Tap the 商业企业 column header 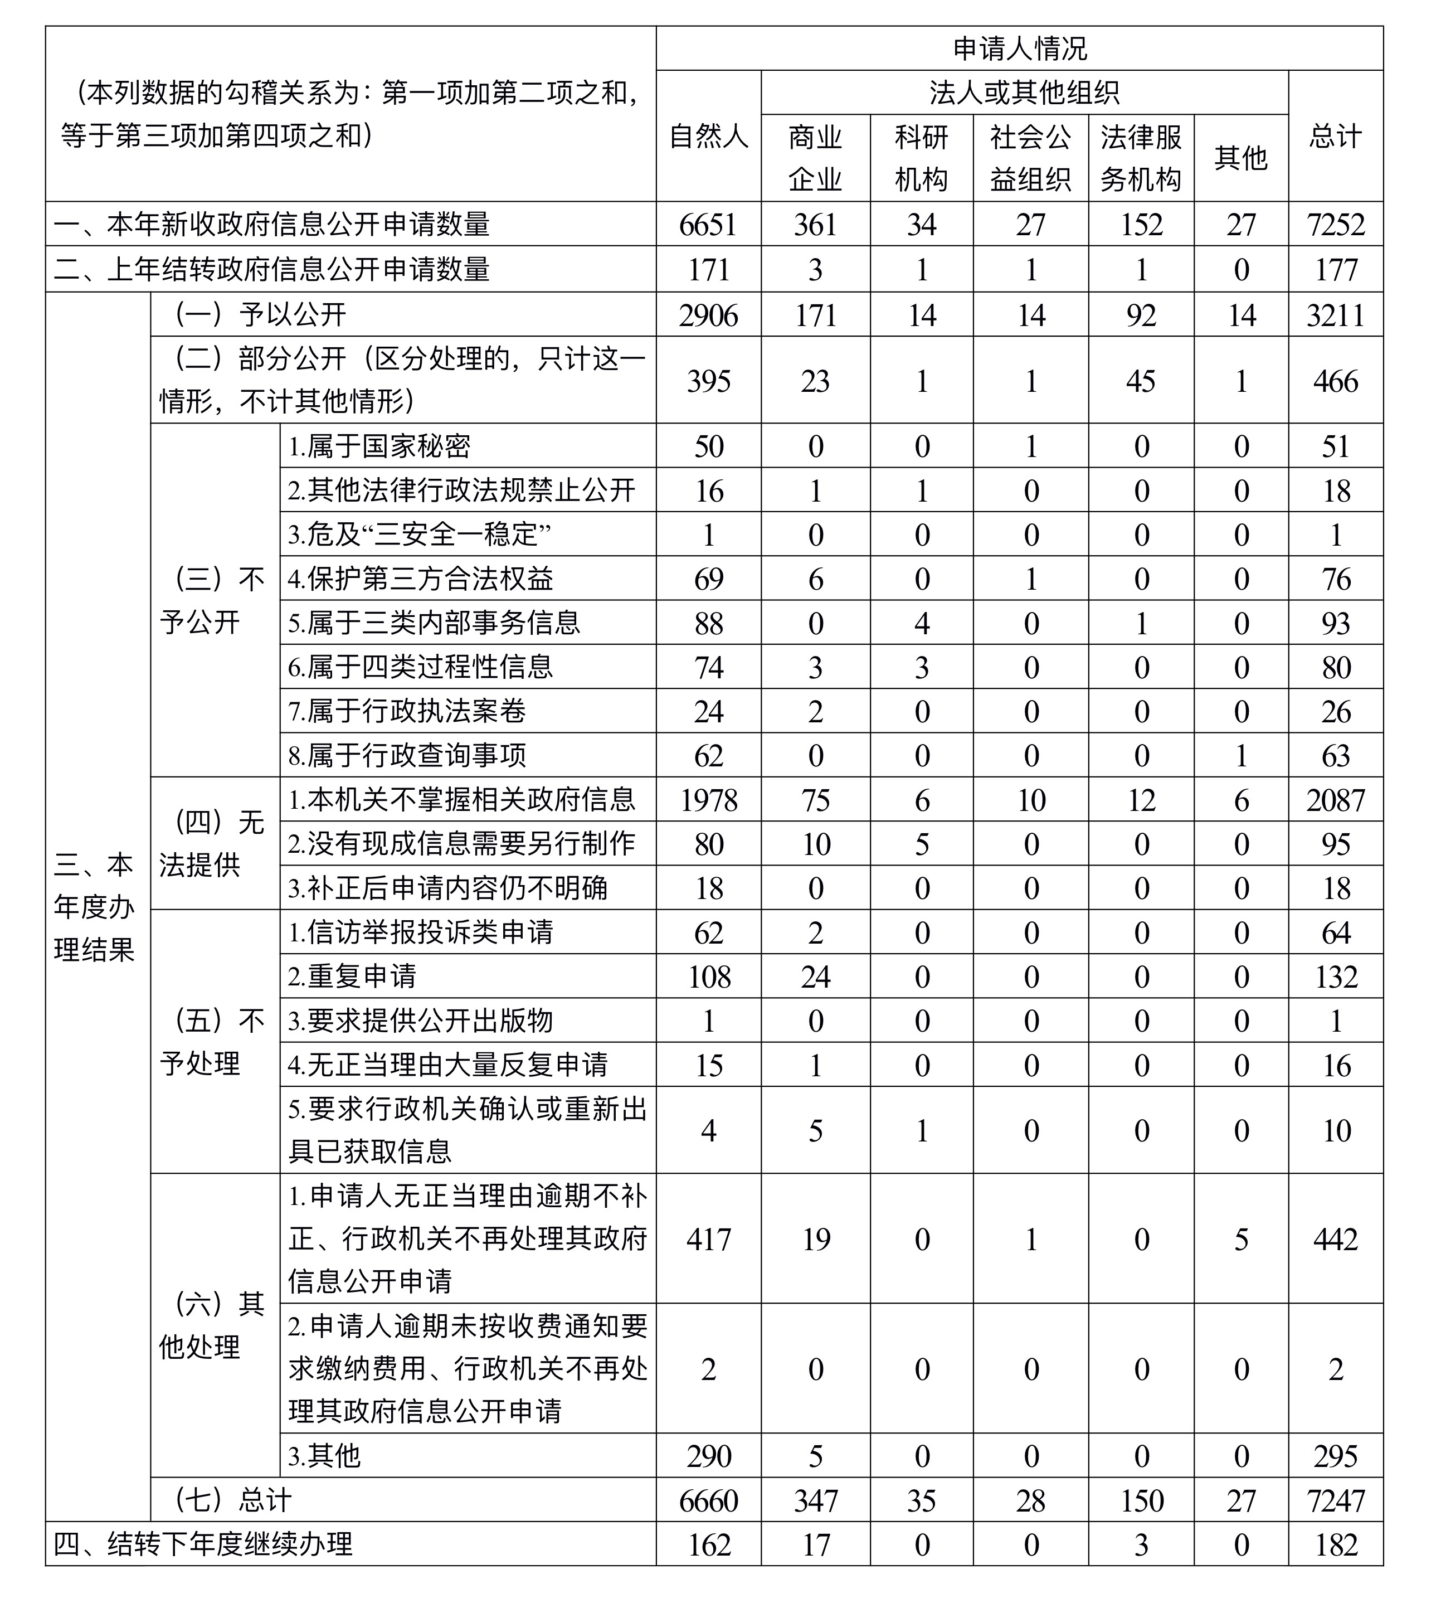815,158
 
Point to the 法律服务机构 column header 1140,158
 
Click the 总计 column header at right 1335,137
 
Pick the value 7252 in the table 1335,225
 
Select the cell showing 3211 1335,315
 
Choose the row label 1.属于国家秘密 379,446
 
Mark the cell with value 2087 1335,800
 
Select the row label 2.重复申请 352,977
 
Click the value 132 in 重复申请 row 1335,977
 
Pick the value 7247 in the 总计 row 1335,1500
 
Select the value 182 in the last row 1335,1544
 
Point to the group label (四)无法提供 211,844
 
